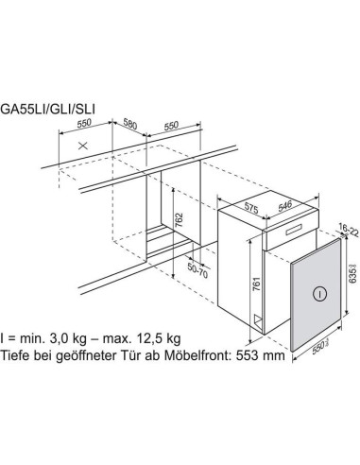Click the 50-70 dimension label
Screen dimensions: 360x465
tap(196, 270)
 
